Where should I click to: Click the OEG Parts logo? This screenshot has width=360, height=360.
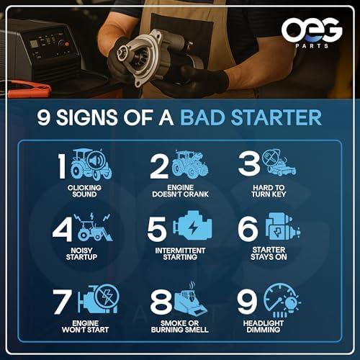[x=312, y=33]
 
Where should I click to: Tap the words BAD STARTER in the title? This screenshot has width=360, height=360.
[x=251, y=117]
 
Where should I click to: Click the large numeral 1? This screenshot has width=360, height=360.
[x=62, y=166]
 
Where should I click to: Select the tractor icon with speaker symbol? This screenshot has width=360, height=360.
[x=91, y=164]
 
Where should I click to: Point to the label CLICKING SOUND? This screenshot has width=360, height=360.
[x=84, y=191]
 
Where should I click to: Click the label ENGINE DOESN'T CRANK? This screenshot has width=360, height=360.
[x=181, y=191]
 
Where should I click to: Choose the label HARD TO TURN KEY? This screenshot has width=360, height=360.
[x=269, y=191]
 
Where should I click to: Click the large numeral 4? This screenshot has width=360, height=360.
[x=63, y=229]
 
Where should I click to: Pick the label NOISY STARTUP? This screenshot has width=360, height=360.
[x=81, y=254]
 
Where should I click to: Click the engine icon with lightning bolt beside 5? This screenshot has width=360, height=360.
[x=193, y=225]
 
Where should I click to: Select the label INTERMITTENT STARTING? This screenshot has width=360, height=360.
[x=180, y=254]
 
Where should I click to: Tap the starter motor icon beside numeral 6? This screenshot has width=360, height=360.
[x=282, y=226]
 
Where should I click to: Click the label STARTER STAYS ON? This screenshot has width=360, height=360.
[x=269, y=253]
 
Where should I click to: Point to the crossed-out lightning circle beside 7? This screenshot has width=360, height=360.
[x=107, y=297]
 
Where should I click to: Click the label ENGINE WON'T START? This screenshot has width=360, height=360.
[x=85, y=327]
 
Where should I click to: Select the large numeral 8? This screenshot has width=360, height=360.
[x=161, y=302]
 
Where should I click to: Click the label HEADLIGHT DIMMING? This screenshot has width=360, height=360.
[x=264, y=327]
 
